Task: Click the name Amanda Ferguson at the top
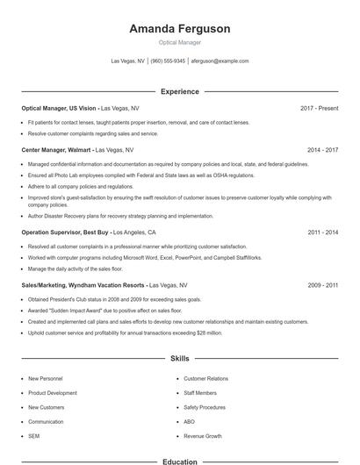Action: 179,29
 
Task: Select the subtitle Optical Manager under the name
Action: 179,42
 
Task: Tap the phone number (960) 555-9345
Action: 168,61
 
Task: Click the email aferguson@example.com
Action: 220,61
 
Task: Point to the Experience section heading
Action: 179,91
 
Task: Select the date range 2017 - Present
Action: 319,108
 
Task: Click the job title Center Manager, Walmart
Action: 56,150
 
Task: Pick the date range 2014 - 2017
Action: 322,150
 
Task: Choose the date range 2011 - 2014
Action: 322,232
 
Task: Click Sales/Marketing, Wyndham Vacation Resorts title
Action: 83,285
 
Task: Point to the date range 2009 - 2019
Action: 322,285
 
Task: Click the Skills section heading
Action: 179,359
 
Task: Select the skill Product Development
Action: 53,393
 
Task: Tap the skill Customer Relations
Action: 205,379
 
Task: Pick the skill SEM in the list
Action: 33,436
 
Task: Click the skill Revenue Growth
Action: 202,436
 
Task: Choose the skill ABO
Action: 189,422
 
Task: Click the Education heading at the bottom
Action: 179,461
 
